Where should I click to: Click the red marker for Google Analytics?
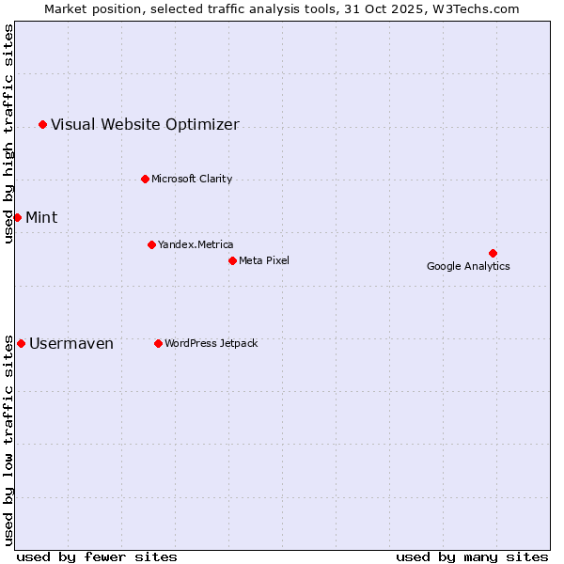(x=493, y=253)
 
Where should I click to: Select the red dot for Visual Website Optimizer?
(x=42, y=124)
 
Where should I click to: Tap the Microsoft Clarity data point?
(x=145, y=179)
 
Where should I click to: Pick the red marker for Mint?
(x=17, y=217)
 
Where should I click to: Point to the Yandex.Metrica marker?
(x=151, y=244)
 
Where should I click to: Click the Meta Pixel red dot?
(x=232, y=260)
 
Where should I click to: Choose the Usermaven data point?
(x=21, y=343)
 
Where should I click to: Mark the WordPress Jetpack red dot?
(x=158, y=343)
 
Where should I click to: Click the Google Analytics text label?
(x=468, y=266)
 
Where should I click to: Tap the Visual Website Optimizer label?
(x=145, y=124)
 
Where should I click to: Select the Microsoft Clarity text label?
(x=192, y=179)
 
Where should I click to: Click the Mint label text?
(x=41, y=217)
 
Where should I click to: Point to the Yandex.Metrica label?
(x=196, y=244)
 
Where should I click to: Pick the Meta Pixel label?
(x=264, y=260)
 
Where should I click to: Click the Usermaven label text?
(x=71, y=343)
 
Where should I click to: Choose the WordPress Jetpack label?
(x=211, y=343)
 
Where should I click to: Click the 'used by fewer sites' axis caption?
(x=97, y=556)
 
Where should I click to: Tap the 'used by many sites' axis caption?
(x=472, y=556)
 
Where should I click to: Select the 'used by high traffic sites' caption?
(x=8, y=133)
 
